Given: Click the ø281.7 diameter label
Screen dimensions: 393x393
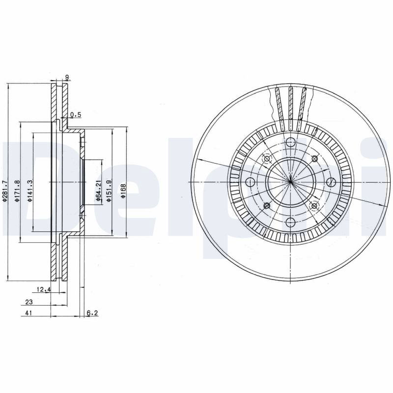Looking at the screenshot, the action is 5,192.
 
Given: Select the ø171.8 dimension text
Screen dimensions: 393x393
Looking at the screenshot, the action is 17,191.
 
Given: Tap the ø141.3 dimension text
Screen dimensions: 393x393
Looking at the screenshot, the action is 29,191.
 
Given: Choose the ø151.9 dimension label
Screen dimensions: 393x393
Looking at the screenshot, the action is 109,191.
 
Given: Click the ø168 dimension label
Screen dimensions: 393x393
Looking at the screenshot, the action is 123,192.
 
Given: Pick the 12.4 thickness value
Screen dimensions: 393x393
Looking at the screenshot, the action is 44,290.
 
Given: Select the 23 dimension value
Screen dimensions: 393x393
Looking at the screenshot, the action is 29,302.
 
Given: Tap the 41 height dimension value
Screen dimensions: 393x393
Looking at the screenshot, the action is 29,313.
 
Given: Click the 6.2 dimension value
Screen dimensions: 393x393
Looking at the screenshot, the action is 92,313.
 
